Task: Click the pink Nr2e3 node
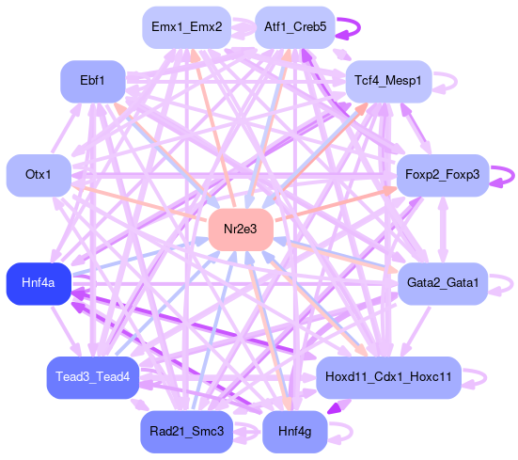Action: [241, 230]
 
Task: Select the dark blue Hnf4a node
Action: [39, 283]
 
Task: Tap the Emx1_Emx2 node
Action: [187, 27]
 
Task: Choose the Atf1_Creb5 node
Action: [295, 27]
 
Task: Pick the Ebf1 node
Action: [93, 81]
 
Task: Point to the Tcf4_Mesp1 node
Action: [388, 81]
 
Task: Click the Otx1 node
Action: [39, 175]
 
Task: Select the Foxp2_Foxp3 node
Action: [443, 175]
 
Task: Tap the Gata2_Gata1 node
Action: [443, 283]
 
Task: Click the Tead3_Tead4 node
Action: [93, 377]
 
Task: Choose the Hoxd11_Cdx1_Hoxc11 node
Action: [388, 377]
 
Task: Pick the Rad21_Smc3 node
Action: [187, 432]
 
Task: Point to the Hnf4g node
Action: [295, 432]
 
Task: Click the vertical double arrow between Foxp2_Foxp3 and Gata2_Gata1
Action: [443, 230]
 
